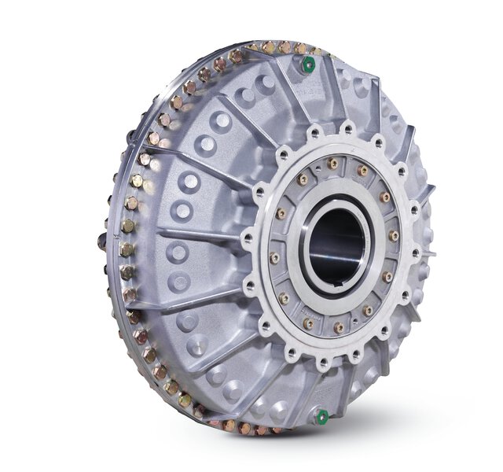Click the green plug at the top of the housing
(x=310, y=63)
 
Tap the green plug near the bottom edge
(x=321, y=416)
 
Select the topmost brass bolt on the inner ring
(x=333, y=164)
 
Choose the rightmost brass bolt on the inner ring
(x=394, y=235)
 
